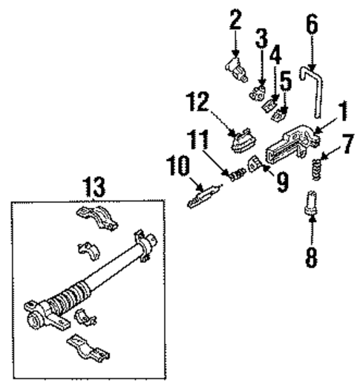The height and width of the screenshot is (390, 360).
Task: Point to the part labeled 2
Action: (236, 71)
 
